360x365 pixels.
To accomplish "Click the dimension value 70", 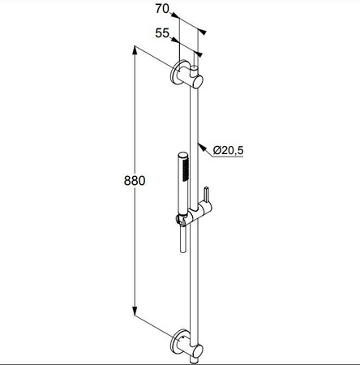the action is [162, 9].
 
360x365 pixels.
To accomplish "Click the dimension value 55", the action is [162, 33].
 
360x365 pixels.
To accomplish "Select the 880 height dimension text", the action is [135, 180].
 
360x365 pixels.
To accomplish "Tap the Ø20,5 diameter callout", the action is [228, 150].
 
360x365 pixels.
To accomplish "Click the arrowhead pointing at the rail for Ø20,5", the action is [201, 148].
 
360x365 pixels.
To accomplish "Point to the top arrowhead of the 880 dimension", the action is [135, 50].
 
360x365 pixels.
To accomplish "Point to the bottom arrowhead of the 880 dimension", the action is [135, 311].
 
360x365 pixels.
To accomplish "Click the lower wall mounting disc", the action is [176, 342].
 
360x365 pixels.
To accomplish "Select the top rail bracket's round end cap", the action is [197, 82].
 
